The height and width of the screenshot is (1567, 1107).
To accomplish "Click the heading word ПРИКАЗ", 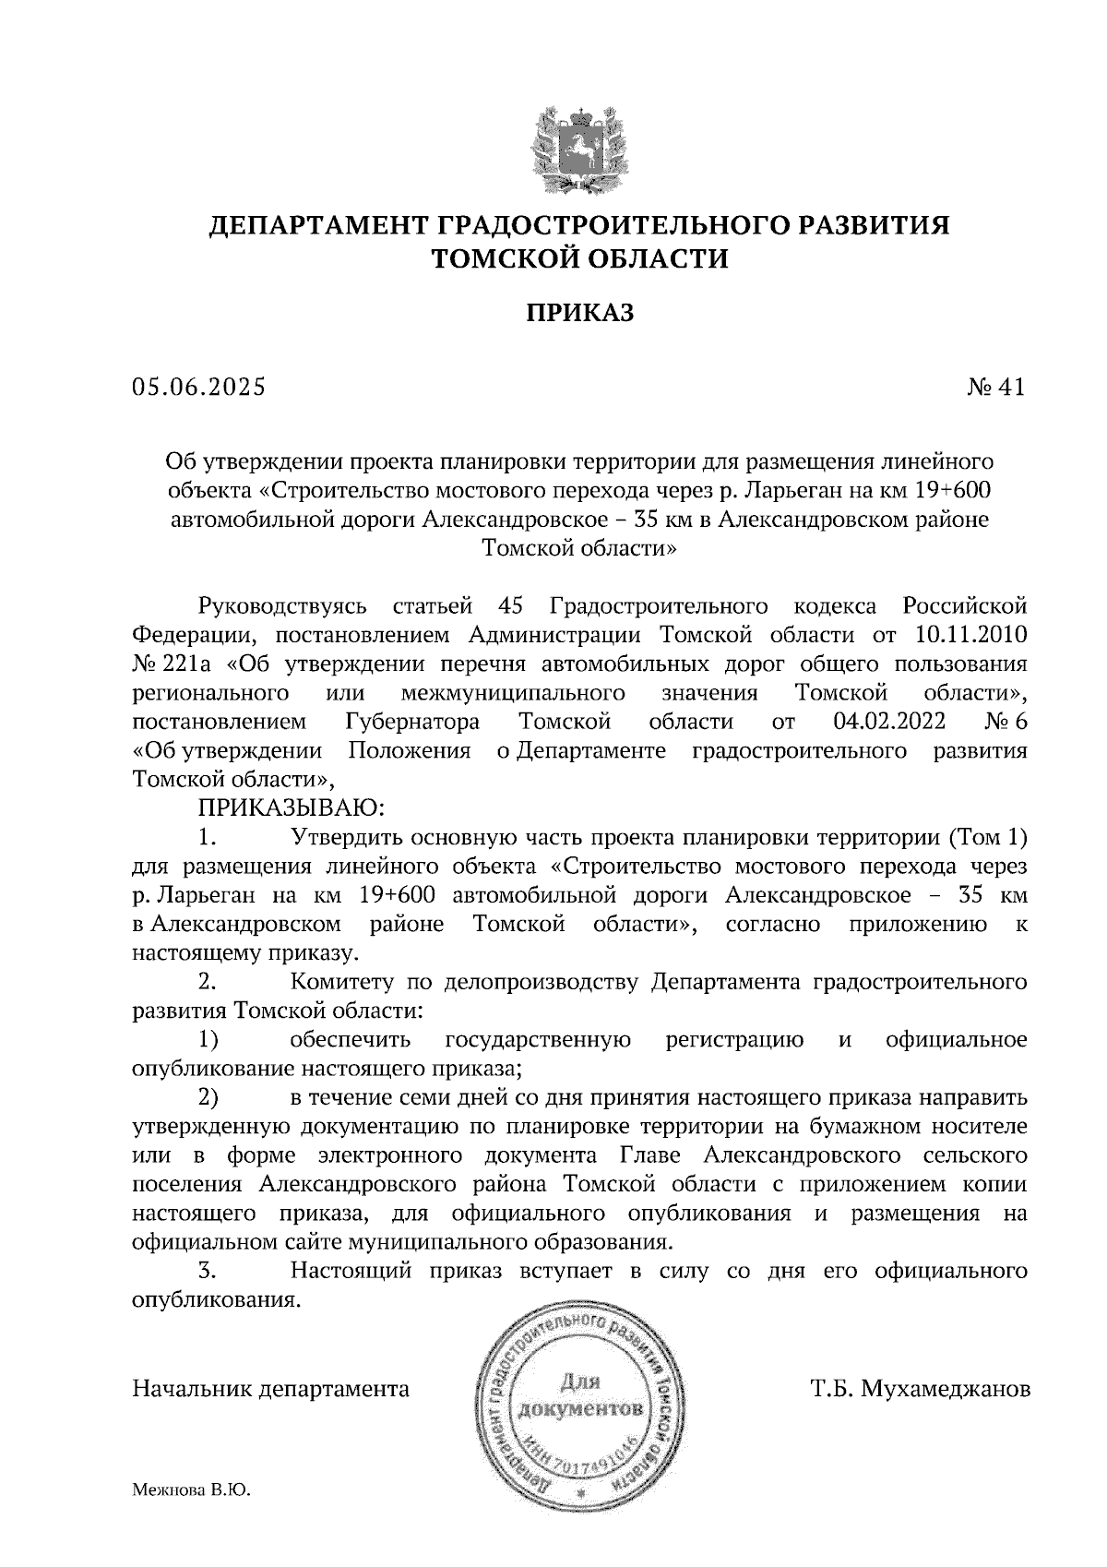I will click(580, 314).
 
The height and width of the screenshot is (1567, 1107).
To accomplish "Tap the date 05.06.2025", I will click(198, 388).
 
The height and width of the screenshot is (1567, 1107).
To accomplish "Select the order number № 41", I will click(995, 388).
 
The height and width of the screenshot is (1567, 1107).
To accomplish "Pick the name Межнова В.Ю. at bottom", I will click(192, 1489).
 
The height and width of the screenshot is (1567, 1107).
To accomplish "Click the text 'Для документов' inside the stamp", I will click(580, 1395).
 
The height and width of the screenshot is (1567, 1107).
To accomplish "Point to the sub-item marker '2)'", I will click(208, 1098).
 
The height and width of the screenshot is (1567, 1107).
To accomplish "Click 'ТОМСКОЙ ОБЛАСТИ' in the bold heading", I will click(580, 259).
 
